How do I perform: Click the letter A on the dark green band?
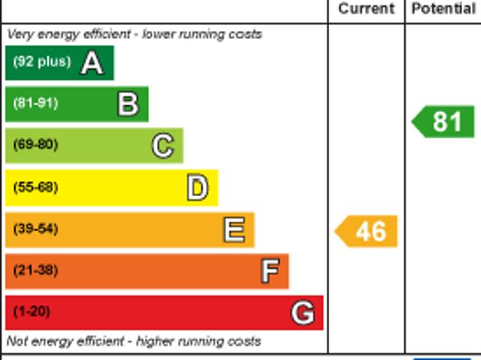(x=92, y=63)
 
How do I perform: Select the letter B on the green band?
(x=128, y=104)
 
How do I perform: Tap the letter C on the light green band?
(x=162, y=146)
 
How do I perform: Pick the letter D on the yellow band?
(x=197, y=188)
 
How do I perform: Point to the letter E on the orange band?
(x=234, y=230)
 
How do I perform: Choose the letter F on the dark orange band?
(x=269, y=271)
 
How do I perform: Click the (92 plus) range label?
(x=41, y=62)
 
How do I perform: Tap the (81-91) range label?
(x=35, y=104)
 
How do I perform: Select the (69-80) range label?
(x=35, y=144)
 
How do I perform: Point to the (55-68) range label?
(x=35, y=187)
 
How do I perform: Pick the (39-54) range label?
(x=35, y=228)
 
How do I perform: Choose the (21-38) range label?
(x=35, y=270)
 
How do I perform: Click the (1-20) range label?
(x=32, y=311)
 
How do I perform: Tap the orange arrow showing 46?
(x=367, y=231)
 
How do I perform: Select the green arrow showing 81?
(x=443, y=122)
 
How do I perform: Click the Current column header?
(x=366, y=9)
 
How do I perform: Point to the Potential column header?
(x=443, y=9)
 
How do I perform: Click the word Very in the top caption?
(x=20, y=35)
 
